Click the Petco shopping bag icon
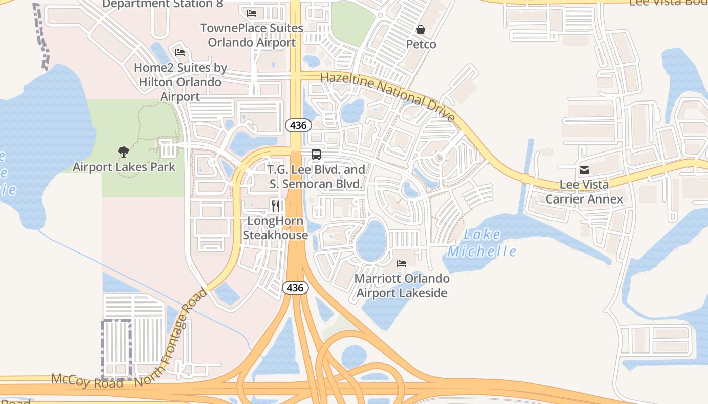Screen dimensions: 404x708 tap(420, 30)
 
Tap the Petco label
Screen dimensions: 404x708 tap(421, 44)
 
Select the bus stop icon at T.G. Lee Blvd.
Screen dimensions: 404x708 tap(316, 155)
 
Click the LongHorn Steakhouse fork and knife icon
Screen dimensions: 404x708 tap(276, 206)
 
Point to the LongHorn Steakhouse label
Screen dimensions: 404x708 tap(275, 228)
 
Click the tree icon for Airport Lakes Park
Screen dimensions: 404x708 tap(124, 151)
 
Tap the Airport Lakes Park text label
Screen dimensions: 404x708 tap(124, 167)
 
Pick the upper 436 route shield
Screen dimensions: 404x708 tap(298, 125)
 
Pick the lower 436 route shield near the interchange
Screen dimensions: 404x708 tap(294, 288)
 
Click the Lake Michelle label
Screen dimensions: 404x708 tap(482, 243)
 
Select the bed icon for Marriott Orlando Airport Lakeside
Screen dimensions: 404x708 tap(402, 264)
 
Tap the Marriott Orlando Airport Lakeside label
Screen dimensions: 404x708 tap(402, 286)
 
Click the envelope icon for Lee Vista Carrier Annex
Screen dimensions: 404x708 tap(584, 170)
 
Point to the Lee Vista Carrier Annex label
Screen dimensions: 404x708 tap(584, 192)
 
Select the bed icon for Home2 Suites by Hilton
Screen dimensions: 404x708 tap(180, 53)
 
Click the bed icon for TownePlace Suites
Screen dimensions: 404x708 tap(252, 13)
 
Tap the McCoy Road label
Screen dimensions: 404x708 tap(87, 381)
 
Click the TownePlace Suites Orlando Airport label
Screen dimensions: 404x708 tap(252, 35)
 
